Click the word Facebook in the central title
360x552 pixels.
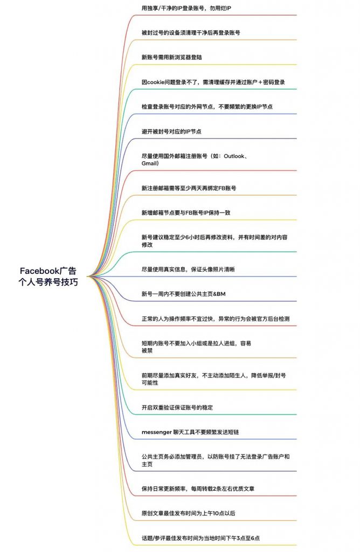(x=39, y=271)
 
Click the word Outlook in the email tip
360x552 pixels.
(x=234, y=156)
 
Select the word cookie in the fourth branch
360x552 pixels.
(x=156, y=82)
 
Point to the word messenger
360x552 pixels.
(x=157, y=432)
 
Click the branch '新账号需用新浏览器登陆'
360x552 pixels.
(x=172, y=57)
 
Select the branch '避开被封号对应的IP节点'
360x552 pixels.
(x=171, y=132)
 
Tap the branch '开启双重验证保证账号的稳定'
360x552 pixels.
(x=177, y=408)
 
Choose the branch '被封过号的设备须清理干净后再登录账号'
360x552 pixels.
(x=191, y=33)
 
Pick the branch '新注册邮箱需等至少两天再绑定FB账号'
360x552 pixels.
(x=189, y=188)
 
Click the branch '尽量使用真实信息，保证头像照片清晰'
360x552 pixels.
(x=188, y=270)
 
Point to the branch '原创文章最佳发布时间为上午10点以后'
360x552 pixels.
(x=188, y=514)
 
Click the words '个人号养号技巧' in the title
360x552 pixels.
(x=48, y=282)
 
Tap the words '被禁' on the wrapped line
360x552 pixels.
(x=147, y=350)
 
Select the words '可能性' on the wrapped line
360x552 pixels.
(x=150, y=383)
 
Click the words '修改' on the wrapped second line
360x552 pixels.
(x=147, y=245)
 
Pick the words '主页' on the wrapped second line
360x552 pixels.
(x=147, y=464)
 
